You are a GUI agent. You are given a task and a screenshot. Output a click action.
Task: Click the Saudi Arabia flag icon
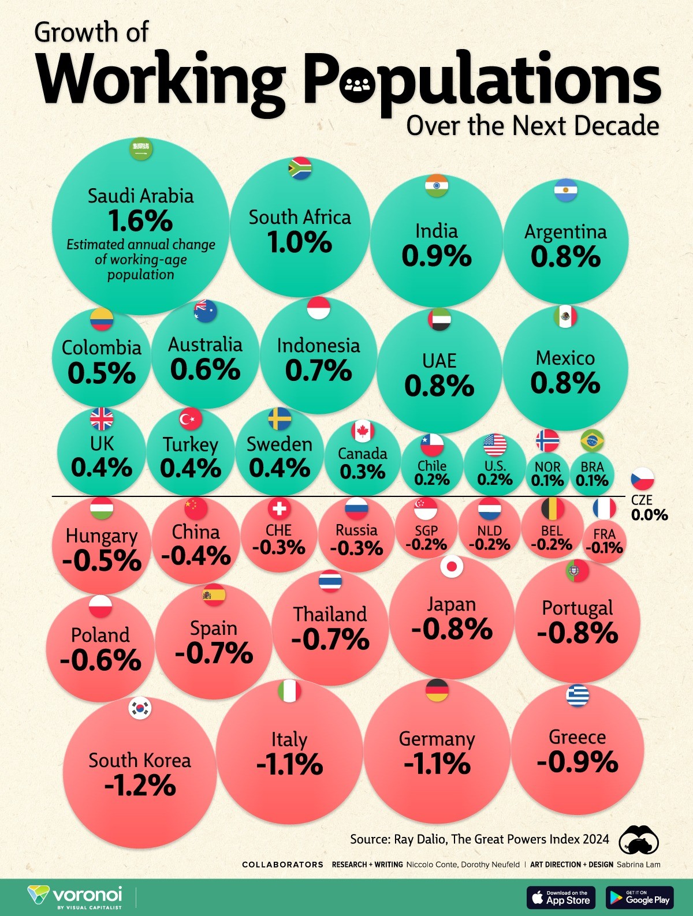(140, 150)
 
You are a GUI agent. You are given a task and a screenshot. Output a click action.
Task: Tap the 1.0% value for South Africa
(299, 242)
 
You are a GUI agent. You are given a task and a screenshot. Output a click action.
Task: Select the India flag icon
(437, 185)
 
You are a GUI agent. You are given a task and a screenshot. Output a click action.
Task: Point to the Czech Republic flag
(642, 479)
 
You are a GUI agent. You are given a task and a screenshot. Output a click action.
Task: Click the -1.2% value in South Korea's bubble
(140, 786)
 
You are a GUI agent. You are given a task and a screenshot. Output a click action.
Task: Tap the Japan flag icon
(452, 567)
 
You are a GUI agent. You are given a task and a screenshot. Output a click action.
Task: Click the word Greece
(577, 737)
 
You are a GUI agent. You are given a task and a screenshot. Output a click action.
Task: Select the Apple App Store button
(561, 897)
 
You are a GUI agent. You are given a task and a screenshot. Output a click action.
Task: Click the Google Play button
(640, 897)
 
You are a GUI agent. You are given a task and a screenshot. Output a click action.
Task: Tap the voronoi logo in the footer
(75, 896)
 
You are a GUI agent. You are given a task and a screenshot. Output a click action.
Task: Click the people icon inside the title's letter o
(359, 87)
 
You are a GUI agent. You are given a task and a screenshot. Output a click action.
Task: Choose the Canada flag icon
(363, 431)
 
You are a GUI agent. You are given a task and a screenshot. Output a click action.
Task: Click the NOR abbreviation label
(547, 466)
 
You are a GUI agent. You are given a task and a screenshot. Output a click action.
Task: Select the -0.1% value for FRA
(604, 547)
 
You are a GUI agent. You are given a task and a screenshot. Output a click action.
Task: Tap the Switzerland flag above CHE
(280, 509)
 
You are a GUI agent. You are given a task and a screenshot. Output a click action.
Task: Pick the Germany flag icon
(437, 690)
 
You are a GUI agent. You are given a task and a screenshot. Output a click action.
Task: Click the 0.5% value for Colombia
(102, 373)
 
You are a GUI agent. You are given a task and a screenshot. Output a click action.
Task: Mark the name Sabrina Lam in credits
(638, 865)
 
